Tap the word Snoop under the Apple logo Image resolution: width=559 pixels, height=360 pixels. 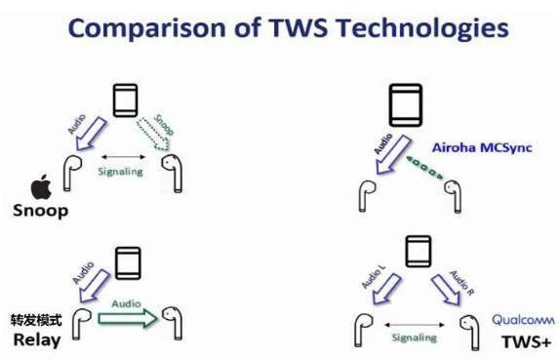point(40,211)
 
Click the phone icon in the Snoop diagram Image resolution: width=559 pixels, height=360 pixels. point(125,100)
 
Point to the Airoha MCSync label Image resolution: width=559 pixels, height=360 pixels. point(482,147)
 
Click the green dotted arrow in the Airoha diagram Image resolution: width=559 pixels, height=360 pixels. point(424,167)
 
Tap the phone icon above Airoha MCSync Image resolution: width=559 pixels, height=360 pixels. point(406,105)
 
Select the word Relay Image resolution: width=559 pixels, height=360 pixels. point(37,340)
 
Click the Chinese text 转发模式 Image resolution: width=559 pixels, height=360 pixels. point(36,320)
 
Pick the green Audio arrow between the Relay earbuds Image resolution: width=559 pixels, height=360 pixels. point(128,318)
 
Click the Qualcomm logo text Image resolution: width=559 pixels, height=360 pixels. point(523,320)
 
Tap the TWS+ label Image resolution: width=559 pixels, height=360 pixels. point(526,342)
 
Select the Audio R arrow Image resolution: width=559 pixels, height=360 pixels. point(447,290)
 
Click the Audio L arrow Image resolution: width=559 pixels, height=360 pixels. point(386,289)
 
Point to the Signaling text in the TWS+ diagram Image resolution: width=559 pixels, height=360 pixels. point(414,338)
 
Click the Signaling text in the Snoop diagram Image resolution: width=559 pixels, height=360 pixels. point(121,172)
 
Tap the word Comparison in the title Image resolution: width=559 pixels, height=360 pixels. point(147,28)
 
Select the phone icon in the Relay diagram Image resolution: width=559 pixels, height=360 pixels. point(128,263)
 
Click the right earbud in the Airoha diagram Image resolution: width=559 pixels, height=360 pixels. point(453,196)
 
